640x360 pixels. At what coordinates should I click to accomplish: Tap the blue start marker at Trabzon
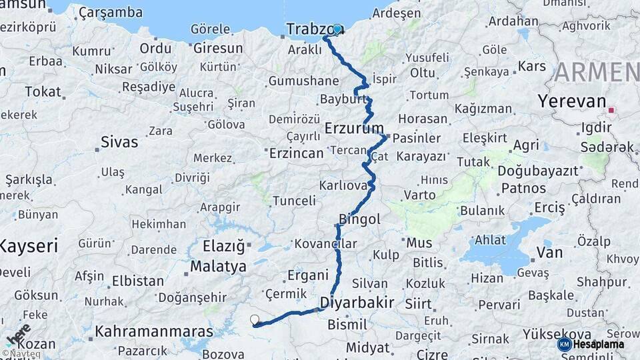tap(337, 29)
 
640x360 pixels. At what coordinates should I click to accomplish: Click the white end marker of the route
tap(255, 319)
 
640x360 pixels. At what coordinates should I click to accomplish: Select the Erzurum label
tap(354, 127)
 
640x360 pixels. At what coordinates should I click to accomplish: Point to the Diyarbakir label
tap(357, 302)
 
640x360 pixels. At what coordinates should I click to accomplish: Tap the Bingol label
tap(359, 219)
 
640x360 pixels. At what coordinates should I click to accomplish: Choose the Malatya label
tap(218, 267)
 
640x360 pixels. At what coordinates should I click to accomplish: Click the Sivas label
tap(119, 141)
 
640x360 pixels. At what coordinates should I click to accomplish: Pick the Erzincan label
tap(296, 153)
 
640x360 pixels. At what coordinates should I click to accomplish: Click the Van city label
tap(549, 253)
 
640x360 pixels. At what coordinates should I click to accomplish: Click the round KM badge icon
tap(565, 344)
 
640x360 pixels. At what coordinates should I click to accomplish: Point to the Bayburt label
tap(344, 99)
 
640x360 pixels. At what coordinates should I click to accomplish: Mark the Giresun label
tap(217, 48)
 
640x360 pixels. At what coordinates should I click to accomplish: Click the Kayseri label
tap(29, 246)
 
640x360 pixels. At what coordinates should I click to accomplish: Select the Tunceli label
tap(294, 200)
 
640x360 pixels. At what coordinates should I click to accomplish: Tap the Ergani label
tap(308, 275)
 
